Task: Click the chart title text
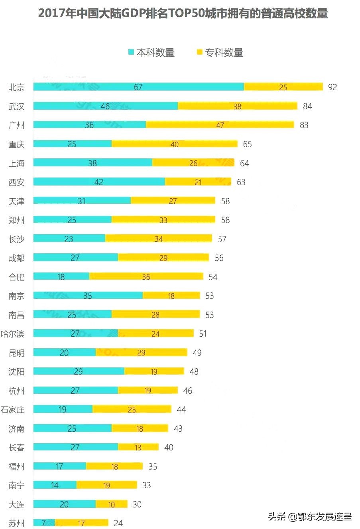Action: [183, 14]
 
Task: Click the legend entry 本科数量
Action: [151, 53]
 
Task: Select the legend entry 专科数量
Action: [220, 53]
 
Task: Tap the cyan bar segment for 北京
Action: [138, 87]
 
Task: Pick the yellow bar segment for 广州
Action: [220, 125]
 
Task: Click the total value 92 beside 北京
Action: [332, 87]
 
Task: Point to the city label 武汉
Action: [16, 106]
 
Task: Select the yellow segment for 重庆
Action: [174, 144]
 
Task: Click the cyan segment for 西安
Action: [99, 182]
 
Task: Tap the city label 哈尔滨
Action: [13, 334]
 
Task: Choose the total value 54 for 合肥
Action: [213, 277]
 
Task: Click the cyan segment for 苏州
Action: [44, 523]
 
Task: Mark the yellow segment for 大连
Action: [111, 504]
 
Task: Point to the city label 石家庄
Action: [13, 409]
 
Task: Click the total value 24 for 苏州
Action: [118, 523]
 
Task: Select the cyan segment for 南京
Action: [88, 296]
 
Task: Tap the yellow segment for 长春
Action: [138, 447]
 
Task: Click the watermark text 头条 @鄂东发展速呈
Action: [310, 517]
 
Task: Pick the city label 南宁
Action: [16, 485]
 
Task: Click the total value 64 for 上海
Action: [244, 163]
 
